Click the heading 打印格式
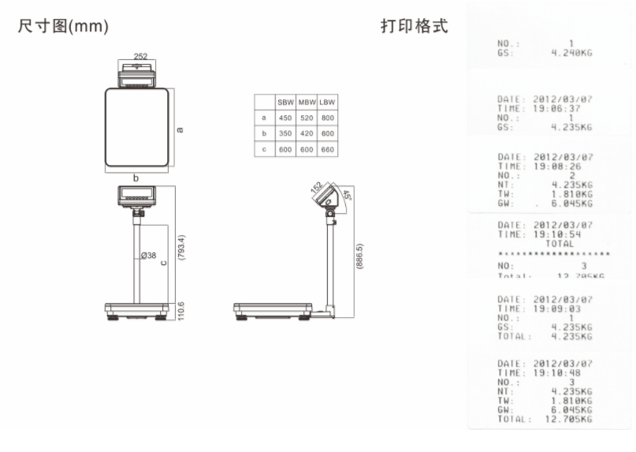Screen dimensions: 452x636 click(414, 27)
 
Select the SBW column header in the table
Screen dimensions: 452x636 click(285, 103)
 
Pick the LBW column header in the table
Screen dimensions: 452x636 click(328, 103)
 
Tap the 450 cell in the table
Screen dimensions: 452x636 click(285, 118)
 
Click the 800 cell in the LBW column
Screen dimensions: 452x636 click(328, 118)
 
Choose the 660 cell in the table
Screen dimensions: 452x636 click(328, 149)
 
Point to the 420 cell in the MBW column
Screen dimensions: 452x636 click(307, 133)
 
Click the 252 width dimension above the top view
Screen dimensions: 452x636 click(139, 57)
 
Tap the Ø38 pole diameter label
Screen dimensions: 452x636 click(148, 255)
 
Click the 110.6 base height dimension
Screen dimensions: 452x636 click(182, 311)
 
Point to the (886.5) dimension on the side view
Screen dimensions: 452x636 click(359, 256)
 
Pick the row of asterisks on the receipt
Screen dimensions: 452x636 click(554, 254)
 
